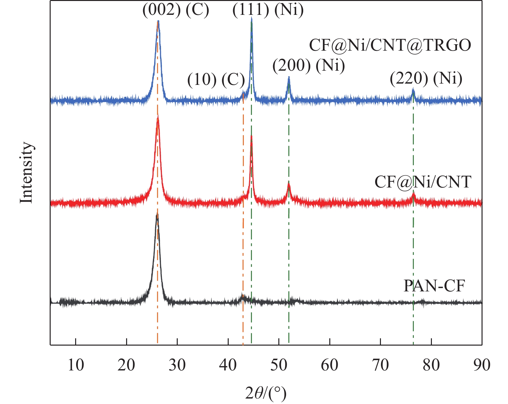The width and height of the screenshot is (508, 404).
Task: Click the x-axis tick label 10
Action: (76, 365)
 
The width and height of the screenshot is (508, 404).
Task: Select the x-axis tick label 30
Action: (177, 365)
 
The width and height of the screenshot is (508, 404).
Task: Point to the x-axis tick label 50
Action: (279, 365)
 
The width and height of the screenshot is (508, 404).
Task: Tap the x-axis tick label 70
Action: (380, 365)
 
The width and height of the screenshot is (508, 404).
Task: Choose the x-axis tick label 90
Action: (482, 365)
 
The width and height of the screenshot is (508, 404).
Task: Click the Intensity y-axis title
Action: (26, 173)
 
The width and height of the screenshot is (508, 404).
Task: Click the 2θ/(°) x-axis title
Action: (266, 393)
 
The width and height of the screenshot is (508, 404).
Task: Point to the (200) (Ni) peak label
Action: (309, 66)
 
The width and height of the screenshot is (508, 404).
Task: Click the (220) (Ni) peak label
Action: (426, 78)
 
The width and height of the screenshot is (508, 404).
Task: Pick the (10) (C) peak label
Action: (216, 79)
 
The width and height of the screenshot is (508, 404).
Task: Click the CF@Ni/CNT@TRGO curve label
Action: (390, 45)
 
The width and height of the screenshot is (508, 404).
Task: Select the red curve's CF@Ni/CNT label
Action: (423, 182)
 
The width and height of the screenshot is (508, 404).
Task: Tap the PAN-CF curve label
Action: (434, 286)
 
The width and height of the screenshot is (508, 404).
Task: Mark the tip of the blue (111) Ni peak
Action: (251, 19)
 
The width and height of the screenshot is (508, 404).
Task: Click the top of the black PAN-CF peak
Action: (157, 215)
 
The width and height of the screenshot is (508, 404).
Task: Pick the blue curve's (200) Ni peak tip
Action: (289, 77)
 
